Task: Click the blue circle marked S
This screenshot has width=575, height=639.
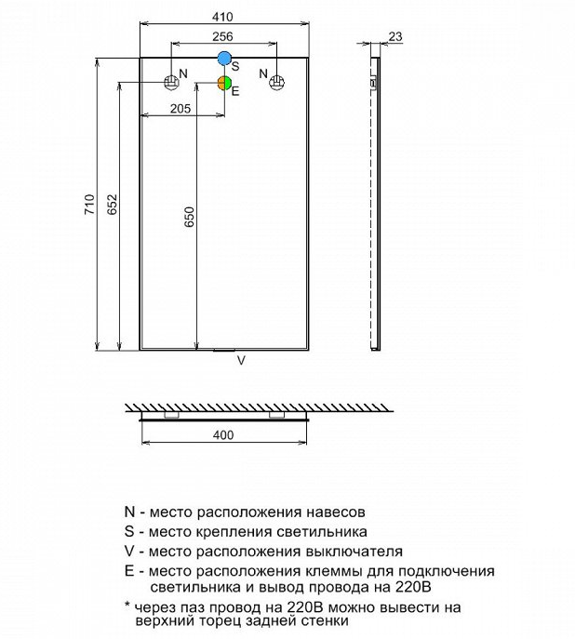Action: click(224, 59)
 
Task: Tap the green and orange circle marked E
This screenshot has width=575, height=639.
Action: click(224, 83)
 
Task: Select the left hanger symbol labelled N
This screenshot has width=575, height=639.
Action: click(171, 83)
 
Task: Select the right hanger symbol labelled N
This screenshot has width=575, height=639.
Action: click(276, 83)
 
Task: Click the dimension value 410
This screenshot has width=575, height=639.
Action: click(223, 17)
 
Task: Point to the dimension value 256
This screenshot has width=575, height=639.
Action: click(223, 36)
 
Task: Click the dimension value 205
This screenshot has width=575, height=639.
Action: click(181, 109)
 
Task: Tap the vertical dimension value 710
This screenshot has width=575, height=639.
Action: click(89, 205)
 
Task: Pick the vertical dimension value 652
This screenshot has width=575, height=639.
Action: click(112, 205)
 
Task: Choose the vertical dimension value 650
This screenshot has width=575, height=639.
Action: click(190, 217)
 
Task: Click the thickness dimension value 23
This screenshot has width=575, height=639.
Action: click(394, 36)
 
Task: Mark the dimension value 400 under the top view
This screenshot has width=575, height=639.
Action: click(223, 434)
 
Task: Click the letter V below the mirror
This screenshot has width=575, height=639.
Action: click(241, 360)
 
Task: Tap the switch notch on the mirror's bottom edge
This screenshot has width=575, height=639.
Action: click(224, 350)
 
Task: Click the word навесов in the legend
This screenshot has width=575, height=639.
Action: click(336, 512)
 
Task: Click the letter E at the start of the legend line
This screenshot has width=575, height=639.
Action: click(129, 571)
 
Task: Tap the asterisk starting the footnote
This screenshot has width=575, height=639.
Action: click(127, 605)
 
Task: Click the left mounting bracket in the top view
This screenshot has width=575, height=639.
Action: click(171, 415)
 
